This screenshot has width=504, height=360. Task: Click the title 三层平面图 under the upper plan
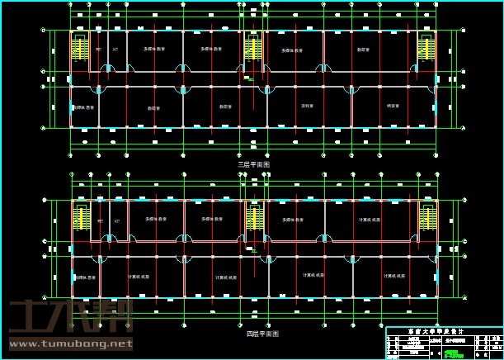[x=253, y=164]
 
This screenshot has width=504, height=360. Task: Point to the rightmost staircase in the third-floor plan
[x=425, y=50]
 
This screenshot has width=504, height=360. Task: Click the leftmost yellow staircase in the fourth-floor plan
[x=81, y=219]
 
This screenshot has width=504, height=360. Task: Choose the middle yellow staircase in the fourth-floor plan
[x=253, y=218]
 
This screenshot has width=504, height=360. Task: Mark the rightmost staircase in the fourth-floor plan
[x=426, y=218]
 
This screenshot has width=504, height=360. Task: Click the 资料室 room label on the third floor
[x=307, y=107]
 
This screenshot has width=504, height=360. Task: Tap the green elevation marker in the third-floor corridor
[x=250, y=79]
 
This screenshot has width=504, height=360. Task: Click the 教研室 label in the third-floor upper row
[x=363, y=50]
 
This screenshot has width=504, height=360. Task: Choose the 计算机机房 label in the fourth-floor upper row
[x=369, y=220]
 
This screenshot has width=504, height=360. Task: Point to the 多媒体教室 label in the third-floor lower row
[x=85, y=107]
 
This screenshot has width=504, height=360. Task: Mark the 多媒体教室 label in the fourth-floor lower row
[x=85, y=276]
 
